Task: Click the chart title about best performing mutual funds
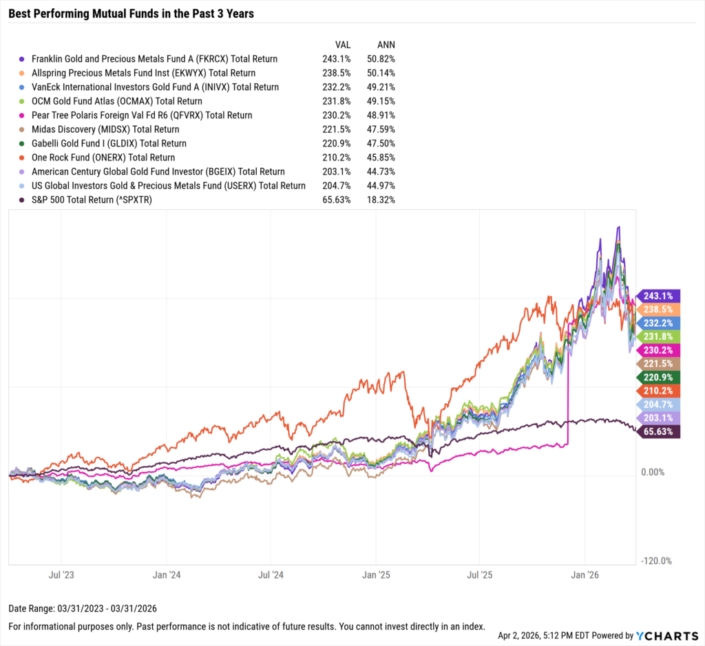click(x=131, y=13)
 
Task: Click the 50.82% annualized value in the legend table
click(x=381, y=59)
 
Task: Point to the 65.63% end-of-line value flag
click(x=660, y=431)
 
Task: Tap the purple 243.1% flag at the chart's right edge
click(x=660, y=295)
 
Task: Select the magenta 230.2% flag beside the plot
click(x=660, y=349)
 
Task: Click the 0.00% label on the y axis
click(x=653, y=473)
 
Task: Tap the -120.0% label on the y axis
click(x=656, y=561)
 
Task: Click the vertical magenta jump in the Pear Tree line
click(x=568, y=406)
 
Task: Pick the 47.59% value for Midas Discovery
click(x=381, y=129)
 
